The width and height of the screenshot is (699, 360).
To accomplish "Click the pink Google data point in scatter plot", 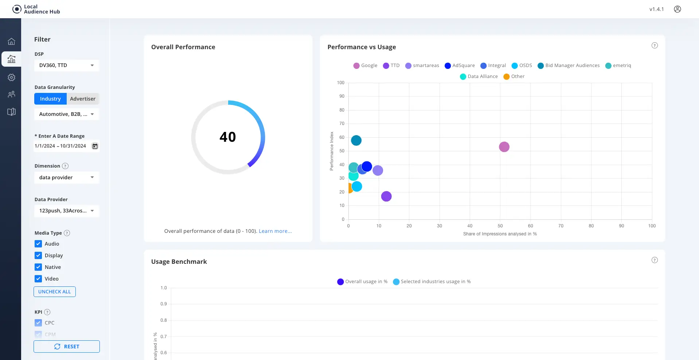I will point(504,147).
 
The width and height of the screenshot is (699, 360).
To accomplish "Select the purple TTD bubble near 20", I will point(386,196).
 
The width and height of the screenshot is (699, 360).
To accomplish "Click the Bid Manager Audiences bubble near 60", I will point(356,140).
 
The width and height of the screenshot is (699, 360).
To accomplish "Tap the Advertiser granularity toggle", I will point(83,99).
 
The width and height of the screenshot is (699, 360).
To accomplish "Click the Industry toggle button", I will point(50,99).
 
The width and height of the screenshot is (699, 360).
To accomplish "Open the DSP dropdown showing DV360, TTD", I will point(66,65).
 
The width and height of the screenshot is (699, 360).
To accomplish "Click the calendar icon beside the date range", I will point(95,146).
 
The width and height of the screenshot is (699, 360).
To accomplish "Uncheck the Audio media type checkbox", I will point(38,244).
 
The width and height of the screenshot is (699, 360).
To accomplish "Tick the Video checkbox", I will point(38,279).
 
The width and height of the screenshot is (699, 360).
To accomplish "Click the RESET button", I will point(67,347).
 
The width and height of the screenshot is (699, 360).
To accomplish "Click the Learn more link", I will point(275,231).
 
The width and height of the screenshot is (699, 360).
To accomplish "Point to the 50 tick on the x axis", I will point(500,226).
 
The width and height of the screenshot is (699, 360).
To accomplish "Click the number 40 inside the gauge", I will point(228,137).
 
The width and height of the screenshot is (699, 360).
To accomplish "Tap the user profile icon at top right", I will point(677,9).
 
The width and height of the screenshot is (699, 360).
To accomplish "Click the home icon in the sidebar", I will point(12,41).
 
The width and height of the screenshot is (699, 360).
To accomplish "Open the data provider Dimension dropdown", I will point(66,177).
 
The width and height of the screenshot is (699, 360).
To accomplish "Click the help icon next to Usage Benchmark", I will point(655,260).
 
